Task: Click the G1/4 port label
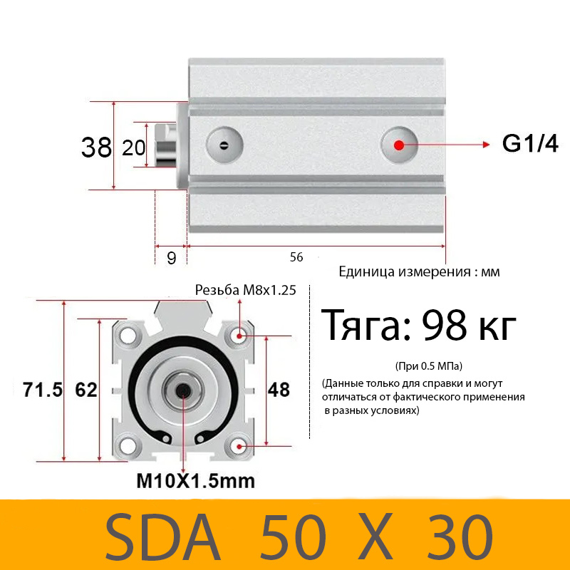point(530,144)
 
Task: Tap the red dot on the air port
point(398,145)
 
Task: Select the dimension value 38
point(96,147)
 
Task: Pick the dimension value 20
point(134,147)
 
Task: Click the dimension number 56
point(296,257)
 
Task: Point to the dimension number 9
point(171,258)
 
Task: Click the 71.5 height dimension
point(43,390)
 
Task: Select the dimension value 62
point(85,390)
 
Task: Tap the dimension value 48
point(279,390)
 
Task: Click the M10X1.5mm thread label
point(195,481)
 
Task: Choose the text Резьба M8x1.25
point(246,290)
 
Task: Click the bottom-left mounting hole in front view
point(128,446)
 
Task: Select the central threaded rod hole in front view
point(184,390)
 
